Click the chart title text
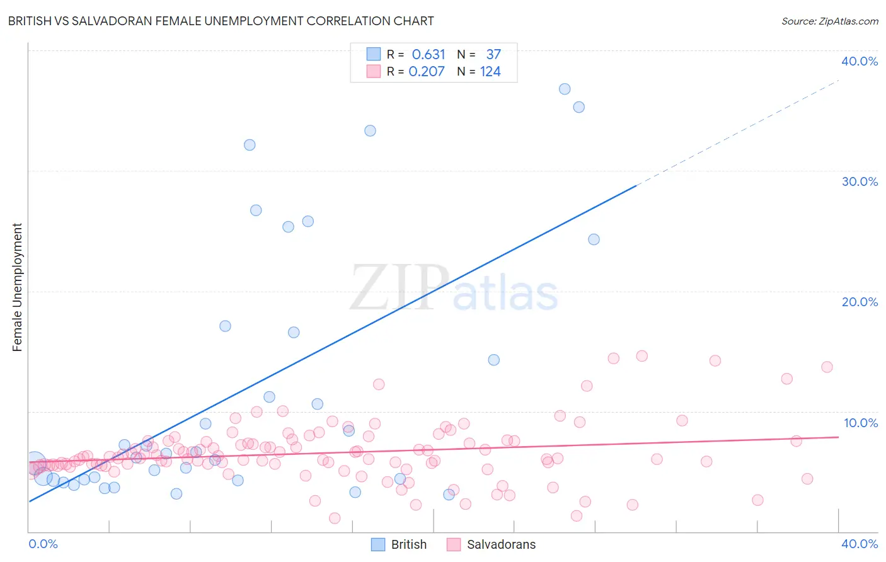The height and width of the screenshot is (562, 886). click(x=221, y=21)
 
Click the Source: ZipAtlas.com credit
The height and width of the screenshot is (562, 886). click(x=829, y=21)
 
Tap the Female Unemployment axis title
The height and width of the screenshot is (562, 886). click(x=17, y=287)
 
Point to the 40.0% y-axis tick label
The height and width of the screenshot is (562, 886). click(x=859, y=61)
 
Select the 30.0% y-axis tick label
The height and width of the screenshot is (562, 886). click(x=859, y=181)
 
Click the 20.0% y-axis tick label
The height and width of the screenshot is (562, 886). click(x=859, y=302)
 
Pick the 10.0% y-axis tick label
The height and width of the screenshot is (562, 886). click(x=860, y=423)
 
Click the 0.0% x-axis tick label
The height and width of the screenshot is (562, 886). click(x=43, y=544)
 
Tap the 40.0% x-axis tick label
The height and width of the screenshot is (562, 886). click(x=859, y=544)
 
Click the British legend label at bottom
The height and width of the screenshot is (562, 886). click(x=408, y=544)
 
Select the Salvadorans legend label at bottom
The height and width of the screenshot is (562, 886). click(x=501, y=544)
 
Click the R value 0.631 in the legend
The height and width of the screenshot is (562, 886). click(x=429, y=55)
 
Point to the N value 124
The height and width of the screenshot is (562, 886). click(x=490, y=72)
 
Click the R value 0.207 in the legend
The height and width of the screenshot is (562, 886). click(x=427, y=72)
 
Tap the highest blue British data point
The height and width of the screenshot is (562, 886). click(x=565, y=89)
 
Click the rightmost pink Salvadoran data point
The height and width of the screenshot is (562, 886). click(x=827, y=367)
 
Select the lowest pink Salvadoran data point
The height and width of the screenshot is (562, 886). click(x=335, y=518)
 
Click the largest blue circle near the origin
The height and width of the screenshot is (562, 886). click(x=35, y=462)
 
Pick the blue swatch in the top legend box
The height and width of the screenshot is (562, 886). click(x=374, y=54)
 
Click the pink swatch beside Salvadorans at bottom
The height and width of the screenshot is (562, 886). click(x=453, y=544)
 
